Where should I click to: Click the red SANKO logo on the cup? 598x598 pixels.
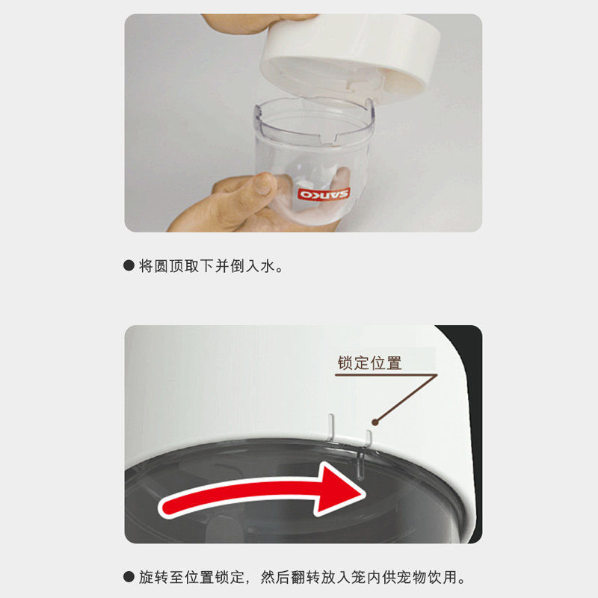tap(324, 194)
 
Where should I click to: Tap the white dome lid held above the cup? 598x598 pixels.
tap(350, 59)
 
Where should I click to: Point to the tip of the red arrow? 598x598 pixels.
tap(366, 494)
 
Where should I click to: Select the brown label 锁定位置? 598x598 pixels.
tap(369, 363)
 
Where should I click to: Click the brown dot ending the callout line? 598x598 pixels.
tap(375, 422)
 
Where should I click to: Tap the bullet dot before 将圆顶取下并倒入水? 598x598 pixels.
tap(129, 265)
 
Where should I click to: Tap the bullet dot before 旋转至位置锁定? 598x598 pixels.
tap(129, 576)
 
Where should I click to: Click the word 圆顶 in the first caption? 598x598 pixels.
tap(161, 266)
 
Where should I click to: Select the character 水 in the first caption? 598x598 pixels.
tap(268, 266)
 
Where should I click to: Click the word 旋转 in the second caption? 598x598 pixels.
tap(153, 577)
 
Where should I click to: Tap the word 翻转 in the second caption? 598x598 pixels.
tap(306, 577)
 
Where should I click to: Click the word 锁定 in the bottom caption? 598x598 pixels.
tap(229, 577)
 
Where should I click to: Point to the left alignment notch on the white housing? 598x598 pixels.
tap(331, 426)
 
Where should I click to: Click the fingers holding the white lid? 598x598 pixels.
tap(259, 22)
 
